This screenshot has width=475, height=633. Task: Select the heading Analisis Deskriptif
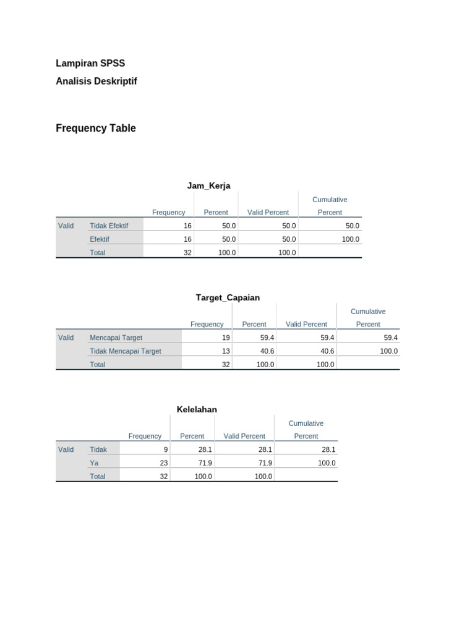click(96, 81)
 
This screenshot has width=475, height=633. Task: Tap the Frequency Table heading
click(96, 129)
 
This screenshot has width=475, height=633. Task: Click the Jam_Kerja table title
click(208, 185)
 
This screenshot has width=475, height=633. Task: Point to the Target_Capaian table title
click(228, 297)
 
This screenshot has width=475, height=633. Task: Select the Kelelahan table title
click(197, 409)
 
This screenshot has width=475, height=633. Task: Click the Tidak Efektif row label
click(109, 226)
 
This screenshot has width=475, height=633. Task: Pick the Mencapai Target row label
click(116, 338)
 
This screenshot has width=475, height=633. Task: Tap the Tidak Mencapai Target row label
click(126, 351)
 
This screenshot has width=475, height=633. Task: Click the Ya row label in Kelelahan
click(94, 463)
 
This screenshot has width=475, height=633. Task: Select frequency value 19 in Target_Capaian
click(226, 338)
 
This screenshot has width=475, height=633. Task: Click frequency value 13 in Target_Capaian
click(226, 351)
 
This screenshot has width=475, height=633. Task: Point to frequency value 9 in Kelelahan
click(166, 449)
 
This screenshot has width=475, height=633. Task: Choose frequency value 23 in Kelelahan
click(164, 463)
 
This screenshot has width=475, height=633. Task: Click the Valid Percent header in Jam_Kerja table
click(268, 213)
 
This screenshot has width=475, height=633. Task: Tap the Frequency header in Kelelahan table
click(145, 436)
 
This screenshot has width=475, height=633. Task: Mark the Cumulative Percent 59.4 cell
click(390, 338)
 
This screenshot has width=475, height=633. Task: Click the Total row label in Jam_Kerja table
click(98, 253)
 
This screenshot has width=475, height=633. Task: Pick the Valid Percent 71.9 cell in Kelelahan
click(264, 463)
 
